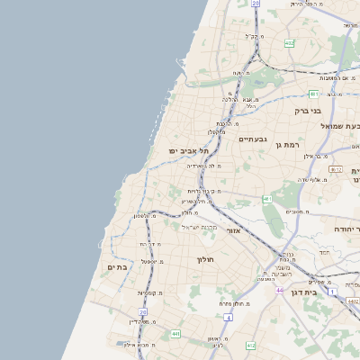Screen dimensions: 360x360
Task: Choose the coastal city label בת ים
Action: click(x=118, y=266)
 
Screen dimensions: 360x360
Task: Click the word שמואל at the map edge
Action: click(x=346, y=126)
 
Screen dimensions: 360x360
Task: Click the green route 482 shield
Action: click(x=289, y=43)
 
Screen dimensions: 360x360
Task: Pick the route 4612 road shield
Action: click(x=336, y=169)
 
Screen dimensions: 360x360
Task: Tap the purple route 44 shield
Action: click(x=280, y=290)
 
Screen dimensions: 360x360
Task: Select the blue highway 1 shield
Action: click(x=331, y=292)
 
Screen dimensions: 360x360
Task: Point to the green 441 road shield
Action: click(x=175, y=333)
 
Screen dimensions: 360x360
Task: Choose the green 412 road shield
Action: click(x=250, y=346)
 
